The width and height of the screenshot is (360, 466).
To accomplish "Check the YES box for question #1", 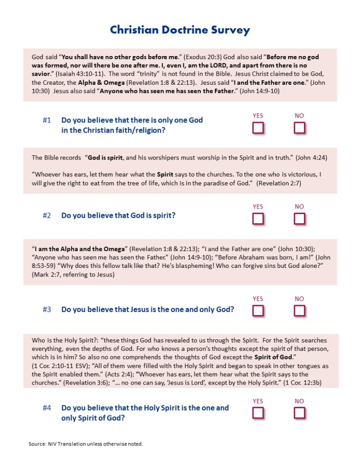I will click(258, 128).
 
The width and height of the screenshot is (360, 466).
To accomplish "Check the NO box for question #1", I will click(299, 128).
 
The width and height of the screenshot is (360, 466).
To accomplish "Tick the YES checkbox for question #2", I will click(258, 219).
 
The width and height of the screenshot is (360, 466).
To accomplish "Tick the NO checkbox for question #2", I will click(299, 219).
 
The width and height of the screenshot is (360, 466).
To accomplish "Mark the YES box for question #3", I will click(258, 311).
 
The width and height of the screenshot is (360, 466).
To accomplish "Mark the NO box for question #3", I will click(299, 311).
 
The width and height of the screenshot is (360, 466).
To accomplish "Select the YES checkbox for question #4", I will click(258, 413).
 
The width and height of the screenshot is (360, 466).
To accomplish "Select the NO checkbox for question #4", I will click(299, 413).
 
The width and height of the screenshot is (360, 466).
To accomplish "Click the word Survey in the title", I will click(226, 30).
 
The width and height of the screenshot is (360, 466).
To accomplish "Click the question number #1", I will click(47, 120).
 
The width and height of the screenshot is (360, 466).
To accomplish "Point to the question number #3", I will click(47, 309).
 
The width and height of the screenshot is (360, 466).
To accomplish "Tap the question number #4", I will click(47, 408).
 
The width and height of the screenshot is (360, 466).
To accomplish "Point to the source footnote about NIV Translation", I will click(86, 443).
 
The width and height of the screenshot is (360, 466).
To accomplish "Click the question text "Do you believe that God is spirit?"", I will click(118, 215).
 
